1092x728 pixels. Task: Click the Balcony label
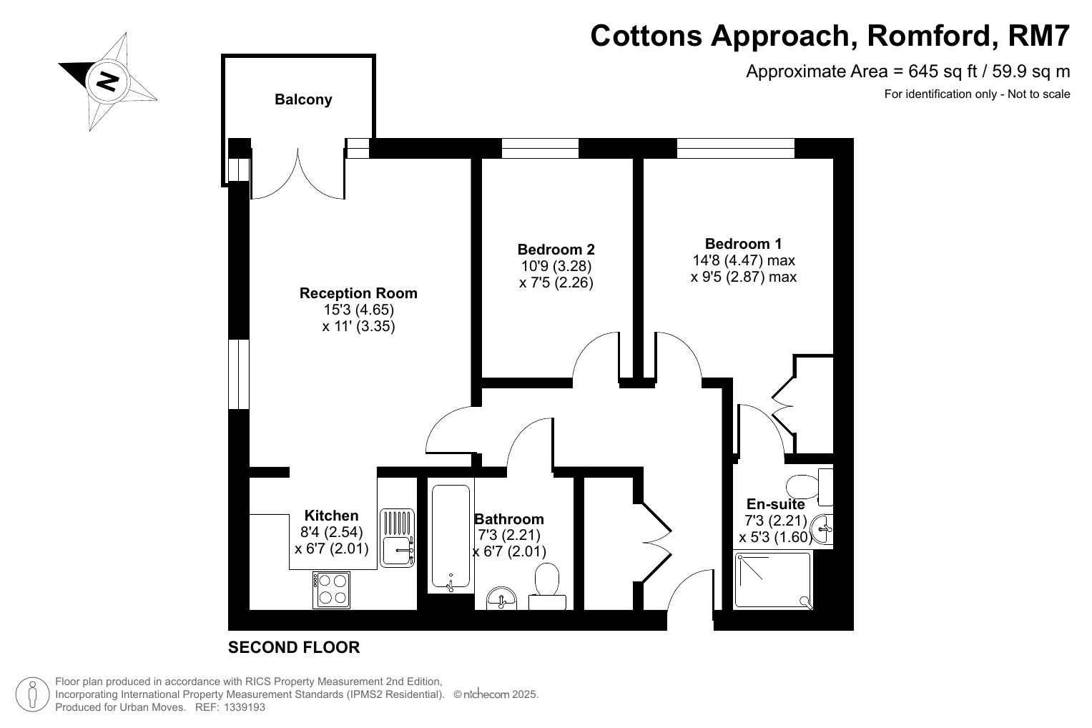point(303,99)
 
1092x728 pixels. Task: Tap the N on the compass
point(107,81)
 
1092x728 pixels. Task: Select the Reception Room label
point(358,293)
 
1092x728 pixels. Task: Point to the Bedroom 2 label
point(556,250)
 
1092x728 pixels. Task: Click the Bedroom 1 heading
point(744,244)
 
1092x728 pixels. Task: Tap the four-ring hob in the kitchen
point(332,589)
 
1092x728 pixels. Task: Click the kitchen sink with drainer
point(398,538)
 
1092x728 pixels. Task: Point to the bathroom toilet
point(547,586)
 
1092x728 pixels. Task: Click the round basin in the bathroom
point(501,599)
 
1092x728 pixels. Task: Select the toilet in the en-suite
point(810,486)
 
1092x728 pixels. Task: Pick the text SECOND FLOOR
point(294,647)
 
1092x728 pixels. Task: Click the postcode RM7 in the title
point(1038,36)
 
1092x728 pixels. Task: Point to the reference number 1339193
point(245,707)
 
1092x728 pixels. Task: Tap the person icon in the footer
point(33,694)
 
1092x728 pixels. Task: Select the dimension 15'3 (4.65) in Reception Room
point(359,310)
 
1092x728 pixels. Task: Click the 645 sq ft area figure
point(943,72)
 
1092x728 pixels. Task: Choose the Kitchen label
point(332,516)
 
